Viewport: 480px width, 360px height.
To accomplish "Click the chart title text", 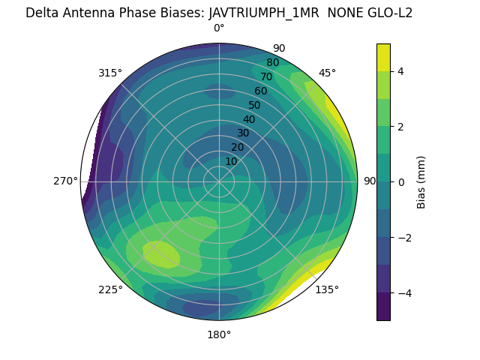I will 219,13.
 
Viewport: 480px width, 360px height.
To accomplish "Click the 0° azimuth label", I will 219,28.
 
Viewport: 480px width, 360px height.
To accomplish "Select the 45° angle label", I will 327,73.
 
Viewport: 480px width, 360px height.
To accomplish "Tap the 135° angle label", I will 327,289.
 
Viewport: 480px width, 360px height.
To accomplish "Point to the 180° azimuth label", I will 219,334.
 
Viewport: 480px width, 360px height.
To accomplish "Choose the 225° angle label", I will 110,289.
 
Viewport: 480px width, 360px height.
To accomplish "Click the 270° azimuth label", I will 65,181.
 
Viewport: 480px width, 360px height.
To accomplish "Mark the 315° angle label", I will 110,73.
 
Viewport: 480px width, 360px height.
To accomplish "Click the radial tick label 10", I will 231,161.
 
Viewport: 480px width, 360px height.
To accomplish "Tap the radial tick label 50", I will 254,105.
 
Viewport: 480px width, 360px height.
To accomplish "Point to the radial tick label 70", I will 266,76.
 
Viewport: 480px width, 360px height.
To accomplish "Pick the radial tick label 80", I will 272,63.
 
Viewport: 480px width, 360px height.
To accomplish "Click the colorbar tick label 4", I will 401,71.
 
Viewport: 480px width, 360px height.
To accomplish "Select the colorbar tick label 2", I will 401,127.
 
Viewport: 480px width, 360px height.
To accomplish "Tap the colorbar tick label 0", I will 401,182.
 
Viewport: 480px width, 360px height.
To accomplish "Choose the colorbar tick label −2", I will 404,238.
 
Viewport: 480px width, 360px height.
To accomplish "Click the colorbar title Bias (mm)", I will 421,182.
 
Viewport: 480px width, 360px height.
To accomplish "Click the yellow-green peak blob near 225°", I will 160,254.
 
